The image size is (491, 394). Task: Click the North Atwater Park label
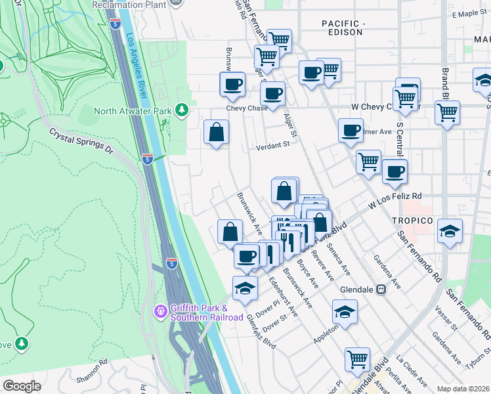pyautogui.click(x=133, y=110)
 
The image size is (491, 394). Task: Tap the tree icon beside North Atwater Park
pyautogui.click(x=182, y=110)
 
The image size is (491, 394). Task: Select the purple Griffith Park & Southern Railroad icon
pyautogui.click(x=160, y=310)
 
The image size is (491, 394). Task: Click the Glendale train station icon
pyautogui.click(x=380, y=290)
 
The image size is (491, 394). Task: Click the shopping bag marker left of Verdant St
pyautogui.click(x=217, y=133)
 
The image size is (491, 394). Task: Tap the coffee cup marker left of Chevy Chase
pyautogui.click(x=232, y=85)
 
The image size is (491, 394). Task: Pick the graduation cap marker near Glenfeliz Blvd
pyautogui.click(x=245, y=288)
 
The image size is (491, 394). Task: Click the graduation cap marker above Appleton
pyautogui.click(x=345, y=312)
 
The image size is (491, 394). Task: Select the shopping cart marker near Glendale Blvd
pyautogui.click(x=357, y=359)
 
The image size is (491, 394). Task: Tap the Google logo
pyautogui.click(x=22, y=386)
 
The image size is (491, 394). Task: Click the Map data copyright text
pyautogui.click(x=463, y=389)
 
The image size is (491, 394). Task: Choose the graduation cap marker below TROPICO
pyautogui.click(x=450, y=231)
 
